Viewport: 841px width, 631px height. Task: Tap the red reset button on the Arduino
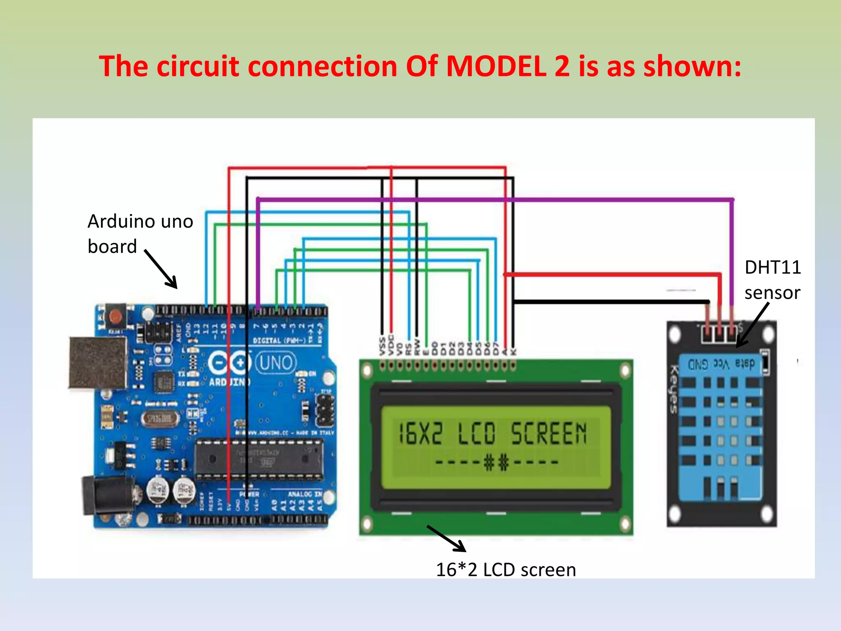pos(116,316)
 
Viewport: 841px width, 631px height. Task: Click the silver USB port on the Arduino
pos(98,362)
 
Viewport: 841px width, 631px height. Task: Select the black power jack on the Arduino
pos(108,494)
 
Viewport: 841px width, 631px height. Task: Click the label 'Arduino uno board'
pos(140,233)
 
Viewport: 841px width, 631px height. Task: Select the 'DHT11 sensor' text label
pos(772,280)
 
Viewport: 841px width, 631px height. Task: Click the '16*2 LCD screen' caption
pos(506,570)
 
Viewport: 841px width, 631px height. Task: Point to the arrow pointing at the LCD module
pos(447,539)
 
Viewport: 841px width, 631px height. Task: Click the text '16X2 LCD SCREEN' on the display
pos(493,433)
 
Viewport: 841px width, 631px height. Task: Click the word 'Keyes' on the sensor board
pos(673,388)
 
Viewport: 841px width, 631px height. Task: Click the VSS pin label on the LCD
pos(382,346)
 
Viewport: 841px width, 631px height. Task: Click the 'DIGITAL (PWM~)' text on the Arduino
pos(279,341)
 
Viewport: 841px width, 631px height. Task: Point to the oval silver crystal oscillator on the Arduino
pos(159,419)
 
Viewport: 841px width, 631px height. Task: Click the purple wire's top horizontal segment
pos(493,200)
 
